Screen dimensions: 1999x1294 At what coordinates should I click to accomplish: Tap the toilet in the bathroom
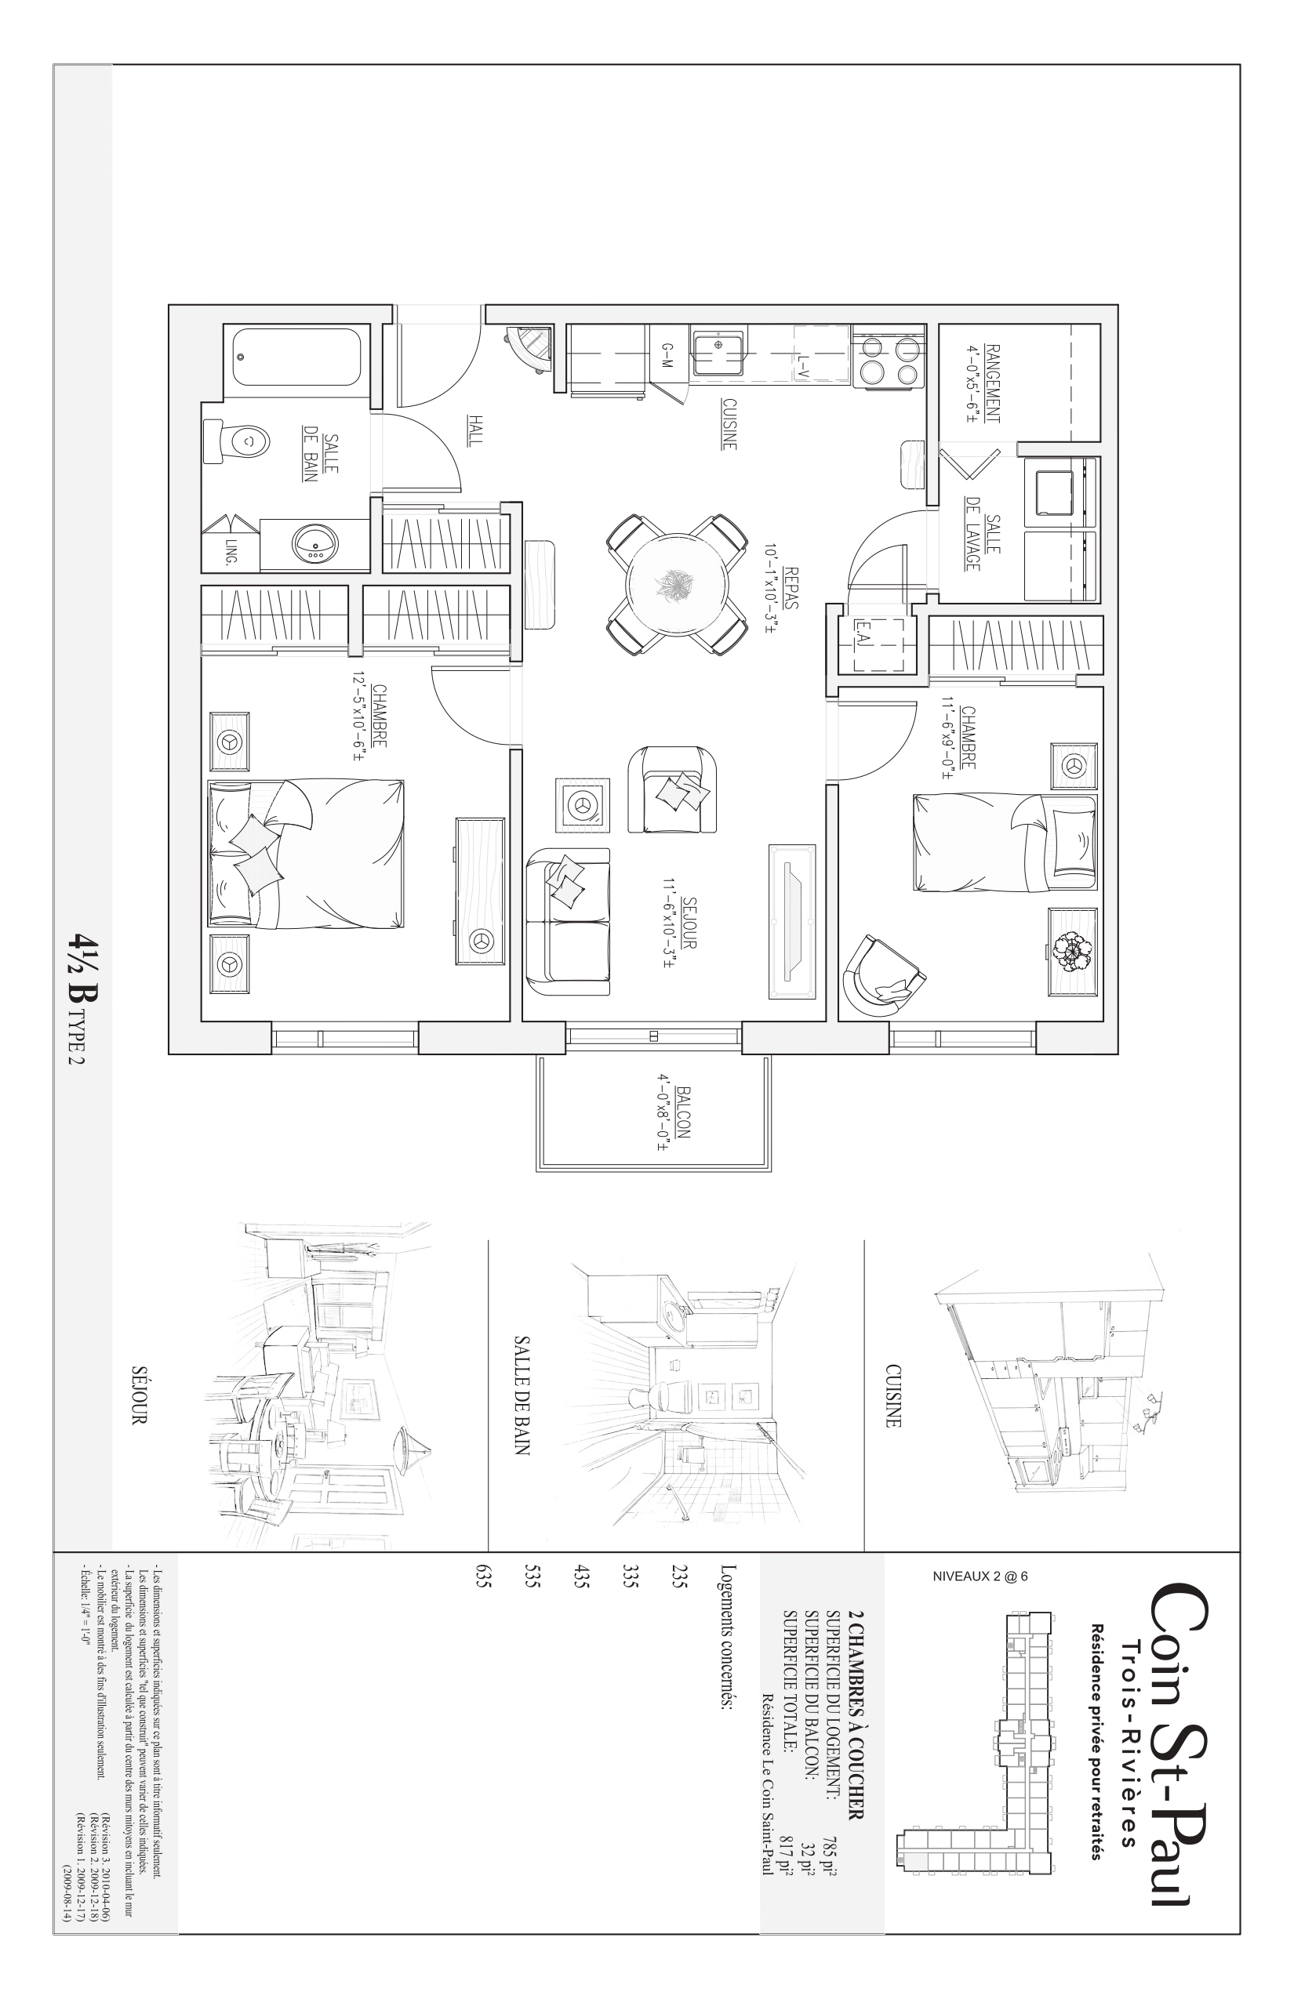[238, 439]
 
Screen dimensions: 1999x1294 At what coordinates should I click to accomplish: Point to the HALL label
[475, 430]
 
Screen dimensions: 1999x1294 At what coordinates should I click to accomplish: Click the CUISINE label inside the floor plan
[729, 423]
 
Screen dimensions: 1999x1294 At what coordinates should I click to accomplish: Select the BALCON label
[682, 1112]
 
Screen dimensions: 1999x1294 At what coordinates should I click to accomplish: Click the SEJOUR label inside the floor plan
[690, 922]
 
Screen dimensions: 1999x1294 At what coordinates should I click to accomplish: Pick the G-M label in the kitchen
[667, 355]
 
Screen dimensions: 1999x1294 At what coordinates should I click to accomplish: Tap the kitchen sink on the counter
[718, 353]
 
